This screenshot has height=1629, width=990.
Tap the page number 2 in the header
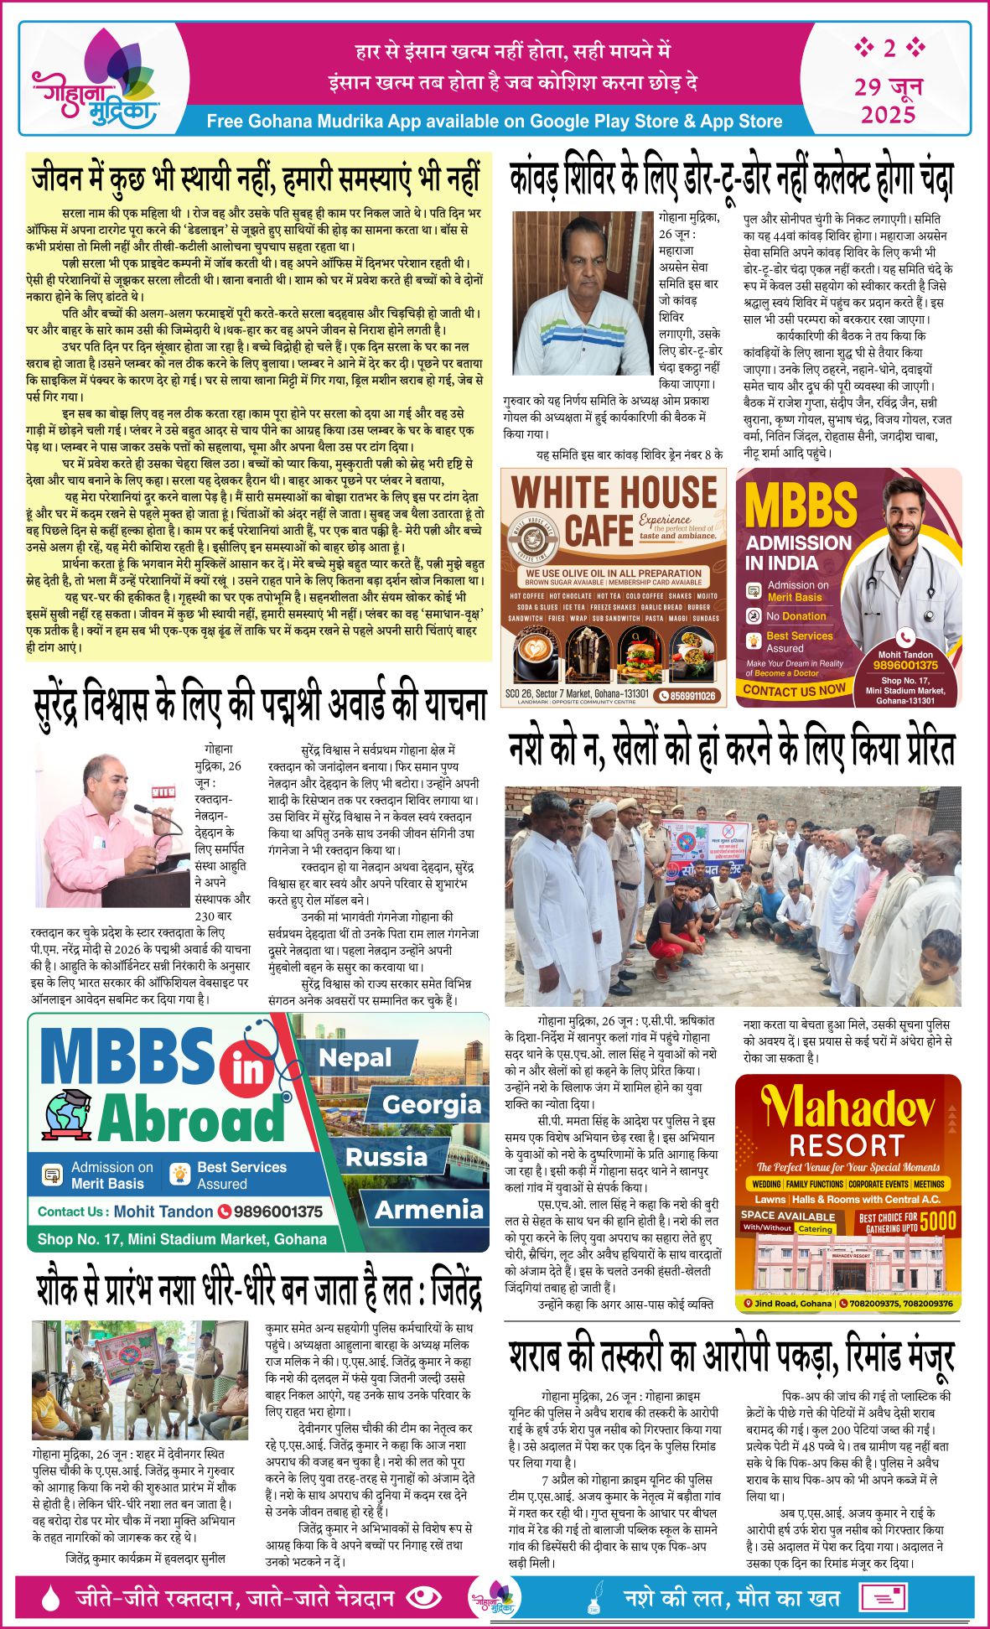tap(889, 48)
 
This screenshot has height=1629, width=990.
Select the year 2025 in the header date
tap(888, 114)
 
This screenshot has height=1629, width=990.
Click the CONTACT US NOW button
tap(793, 690)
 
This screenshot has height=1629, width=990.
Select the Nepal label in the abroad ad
tap(355, 1059)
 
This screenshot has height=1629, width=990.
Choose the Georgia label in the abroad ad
tap(432, 1105)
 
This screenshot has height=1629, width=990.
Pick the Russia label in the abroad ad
tap(386, 1158)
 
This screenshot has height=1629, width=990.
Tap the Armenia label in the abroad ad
tap(429, 1210)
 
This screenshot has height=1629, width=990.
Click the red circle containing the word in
tap(248, 1071)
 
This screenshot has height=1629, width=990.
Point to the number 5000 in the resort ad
tap(937, 1222)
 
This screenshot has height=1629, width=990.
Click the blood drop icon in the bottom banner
tap(50, 1598)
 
